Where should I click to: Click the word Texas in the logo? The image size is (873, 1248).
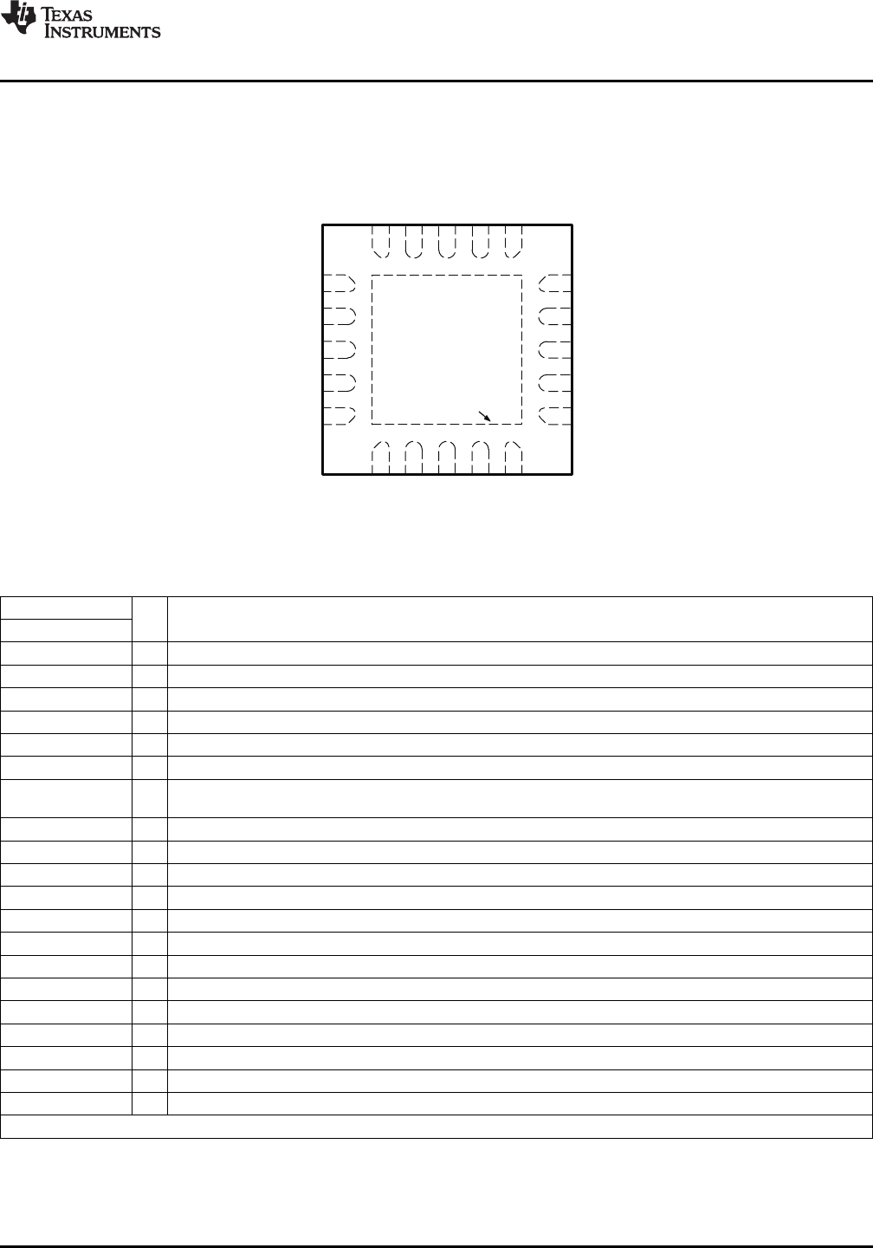point(66,14)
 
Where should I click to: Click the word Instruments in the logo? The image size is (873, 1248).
point(102,32)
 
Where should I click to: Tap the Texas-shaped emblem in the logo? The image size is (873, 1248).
point(18,18)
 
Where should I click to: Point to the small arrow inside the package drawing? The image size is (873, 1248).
point(484,416)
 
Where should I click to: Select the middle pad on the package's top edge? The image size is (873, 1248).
point(447,242)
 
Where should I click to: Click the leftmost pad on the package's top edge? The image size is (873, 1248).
point(380,242)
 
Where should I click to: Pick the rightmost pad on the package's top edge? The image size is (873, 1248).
point(514,242)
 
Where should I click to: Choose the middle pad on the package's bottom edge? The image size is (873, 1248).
point(447,458)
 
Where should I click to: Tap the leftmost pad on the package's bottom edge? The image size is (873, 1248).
point(380,458)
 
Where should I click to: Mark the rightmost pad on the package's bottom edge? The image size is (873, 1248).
point(514,458)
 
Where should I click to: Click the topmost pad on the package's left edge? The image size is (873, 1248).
point(339,283)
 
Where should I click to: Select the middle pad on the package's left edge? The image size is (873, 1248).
point(339,349)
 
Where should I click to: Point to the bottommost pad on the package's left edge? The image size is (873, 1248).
point(339,416)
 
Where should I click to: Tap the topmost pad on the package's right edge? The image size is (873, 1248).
point(554,283)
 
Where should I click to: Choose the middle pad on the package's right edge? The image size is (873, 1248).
point(554,349)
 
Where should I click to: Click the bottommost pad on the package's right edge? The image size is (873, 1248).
point(554,416)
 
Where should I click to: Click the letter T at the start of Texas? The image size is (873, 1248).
point(47,14)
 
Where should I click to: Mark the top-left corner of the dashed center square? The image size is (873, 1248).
point(372,275)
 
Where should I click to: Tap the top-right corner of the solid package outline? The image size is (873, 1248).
point(572,225)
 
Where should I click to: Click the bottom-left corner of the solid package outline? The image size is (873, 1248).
point(322,474)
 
